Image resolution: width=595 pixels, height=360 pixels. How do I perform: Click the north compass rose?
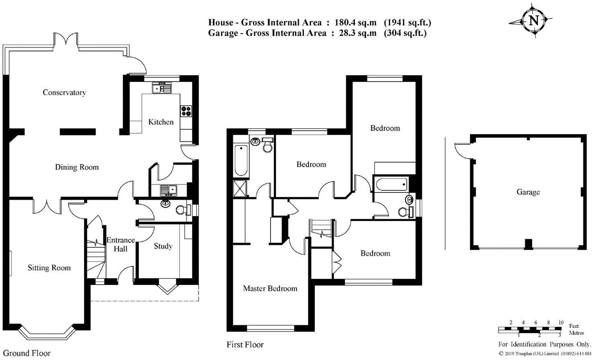[533, 21]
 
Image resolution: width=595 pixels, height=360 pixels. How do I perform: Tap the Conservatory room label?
[64, 93]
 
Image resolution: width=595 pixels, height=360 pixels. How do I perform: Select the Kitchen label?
[161, 122]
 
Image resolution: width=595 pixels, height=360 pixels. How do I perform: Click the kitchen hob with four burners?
[186, 110]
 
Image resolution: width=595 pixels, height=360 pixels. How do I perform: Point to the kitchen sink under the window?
[162, 88]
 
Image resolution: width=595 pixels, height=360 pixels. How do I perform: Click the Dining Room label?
[77, 167]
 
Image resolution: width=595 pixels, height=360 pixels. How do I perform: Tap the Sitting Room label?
[49, 268]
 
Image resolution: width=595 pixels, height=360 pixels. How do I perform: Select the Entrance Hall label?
[120, 245]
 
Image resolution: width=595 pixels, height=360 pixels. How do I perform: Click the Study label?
[163, 246]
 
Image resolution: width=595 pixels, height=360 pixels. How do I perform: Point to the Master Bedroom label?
[270, 288]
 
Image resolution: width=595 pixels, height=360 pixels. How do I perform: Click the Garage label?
[528, 192]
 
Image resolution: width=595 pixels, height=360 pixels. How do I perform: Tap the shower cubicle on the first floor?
[240, 188]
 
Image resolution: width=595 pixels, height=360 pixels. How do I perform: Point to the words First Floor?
[245, 345]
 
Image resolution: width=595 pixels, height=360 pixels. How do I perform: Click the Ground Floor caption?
[27, 353]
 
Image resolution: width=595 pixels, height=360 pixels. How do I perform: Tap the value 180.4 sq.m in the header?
[355, 22]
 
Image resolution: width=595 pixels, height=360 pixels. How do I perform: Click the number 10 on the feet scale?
[560, 323]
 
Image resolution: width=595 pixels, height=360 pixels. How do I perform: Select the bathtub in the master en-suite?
[241, 160]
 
